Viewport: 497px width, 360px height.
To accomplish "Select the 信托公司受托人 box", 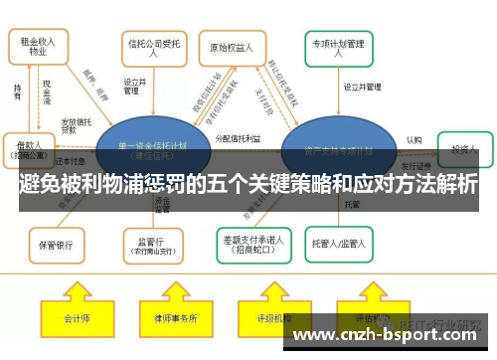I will (x=152, y=47).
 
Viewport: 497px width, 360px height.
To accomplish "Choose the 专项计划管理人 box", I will (x=339, y=46).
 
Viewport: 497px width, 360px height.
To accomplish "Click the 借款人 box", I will (x=30, y=149).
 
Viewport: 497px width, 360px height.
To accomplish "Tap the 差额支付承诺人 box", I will (x=251, y=242).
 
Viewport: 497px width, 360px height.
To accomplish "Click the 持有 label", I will (x=17, y=90).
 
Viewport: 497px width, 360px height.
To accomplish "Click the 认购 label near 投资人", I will (x=414, y=141).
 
